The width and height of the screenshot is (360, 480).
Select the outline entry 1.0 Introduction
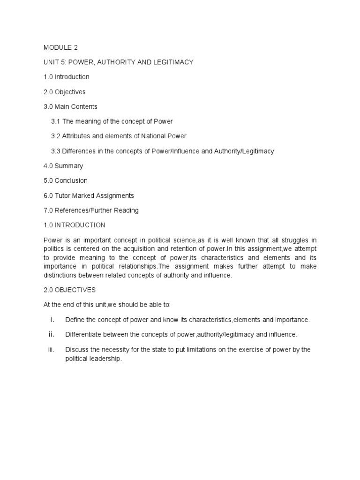(x=66, y=77)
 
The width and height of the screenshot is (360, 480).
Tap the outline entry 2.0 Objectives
(x=65, y=92)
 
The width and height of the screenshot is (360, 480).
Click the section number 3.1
(x=56, y=121)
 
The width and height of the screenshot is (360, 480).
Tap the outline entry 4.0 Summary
(x=63, y=166)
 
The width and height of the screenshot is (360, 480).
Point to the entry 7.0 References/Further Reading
(x=91, y=210)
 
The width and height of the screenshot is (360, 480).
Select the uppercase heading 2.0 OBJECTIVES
(x=69, y=290)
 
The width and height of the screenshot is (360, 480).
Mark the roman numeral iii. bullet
(x=52, y=350)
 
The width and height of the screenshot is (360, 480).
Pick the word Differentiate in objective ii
(x=84, y=335)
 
